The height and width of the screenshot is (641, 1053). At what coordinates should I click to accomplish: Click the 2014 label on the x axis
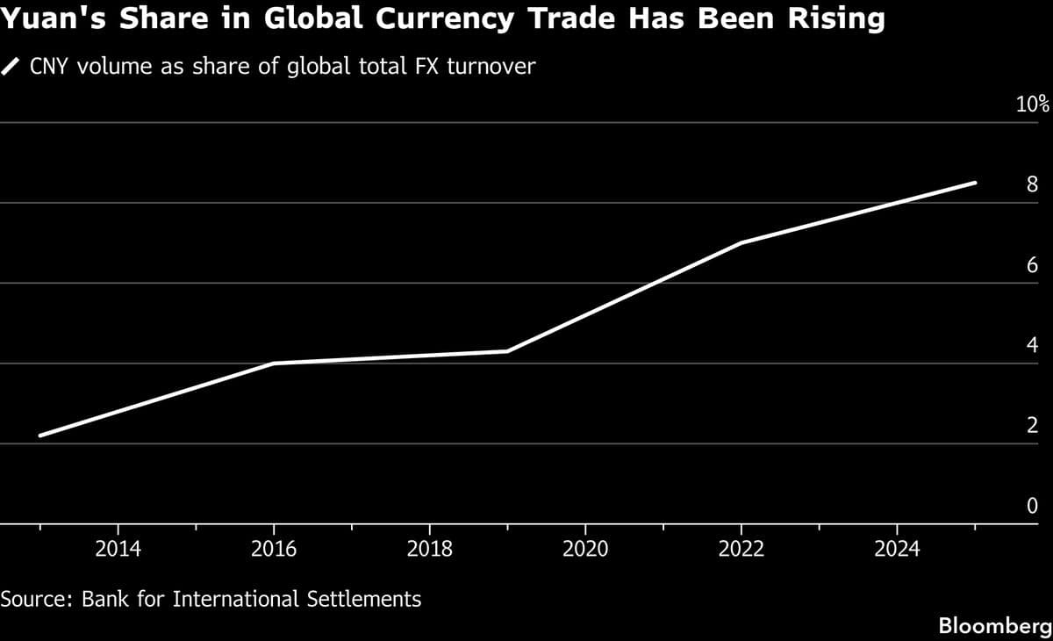point(118,550)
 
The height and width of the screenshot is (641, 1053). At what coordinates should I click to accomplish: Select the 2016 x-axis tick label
point(274,550)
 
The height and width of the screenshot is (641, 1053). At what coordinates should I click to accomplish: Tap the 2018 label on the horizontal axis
point(429,550)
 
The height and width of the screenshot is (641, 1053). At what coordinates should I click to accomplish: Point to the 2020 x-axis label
point(585,550)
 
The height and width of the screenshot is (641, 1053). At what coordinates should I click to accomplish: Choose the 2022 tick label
point(741,550)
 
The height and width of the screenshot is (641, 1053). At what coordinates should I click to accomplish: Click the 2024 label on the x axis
point(897,550)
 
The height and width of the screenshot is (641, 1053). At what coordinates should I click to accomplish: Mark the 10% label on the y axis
point(1032,104)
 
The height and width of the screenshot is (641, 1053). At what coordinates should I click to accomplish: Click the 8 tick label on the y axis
point(1032,184)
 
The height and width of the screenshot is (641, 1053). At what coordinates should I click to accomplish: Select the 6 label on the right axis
point(1032,265)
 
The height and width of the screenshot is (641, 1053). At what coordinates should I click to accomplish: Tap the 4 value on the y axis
point(1032,345)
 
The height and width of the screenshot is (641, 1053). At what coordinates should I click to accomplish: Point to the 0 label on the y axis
point(1032,506)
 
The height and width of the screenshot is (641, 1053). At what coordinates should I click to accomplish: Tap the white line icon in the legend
point(11,66)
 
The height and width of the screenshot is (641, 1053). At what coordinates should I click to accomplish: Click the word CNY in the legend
point(51,66)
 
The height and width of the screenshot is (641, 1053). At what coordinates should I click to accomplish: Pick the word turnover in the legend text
point(491,66)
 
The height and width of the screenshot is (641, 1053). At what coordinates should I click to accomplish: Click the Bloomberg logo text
point(995,626)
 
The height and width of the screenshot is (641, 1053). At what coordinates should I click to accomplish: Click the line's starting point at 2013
point(40,436)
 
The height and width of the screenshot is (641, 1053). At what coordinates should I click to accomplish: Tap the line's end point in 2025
point(975,183)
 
